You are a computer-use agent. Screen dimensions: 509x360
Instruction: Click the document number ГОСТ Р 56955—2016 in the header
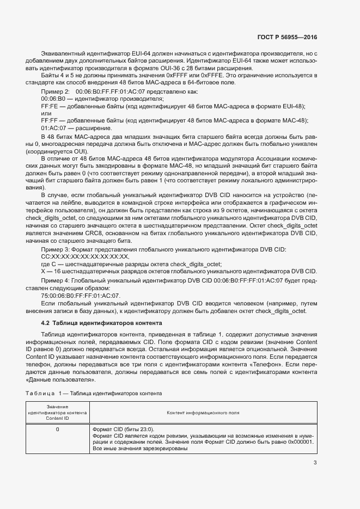point(286,38)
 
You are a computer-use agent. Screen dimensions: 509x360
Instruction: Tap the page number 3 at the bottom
point(315,463)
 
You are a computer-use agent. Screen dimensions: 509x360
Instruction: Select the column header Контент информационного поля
point(203,413)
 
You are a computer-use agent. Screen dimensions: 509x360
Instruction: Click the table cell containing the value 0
point(58,430)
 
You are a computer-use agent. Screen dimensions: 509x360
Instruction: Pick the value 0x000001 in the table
point(300,443)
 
